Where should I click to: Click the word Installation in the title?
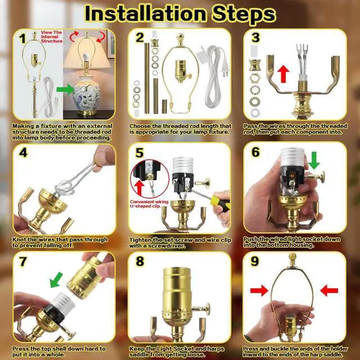145,13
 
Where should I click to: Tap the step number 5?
139,153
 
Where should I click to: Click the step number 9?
255,261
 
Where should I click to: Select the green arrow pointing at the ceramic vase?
66,89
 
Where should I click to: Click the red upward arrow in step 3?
283,74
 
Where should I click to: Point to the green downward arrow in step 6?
314,160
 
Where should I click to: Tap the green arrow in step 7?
56,280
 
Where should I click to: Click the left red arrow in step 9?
259,290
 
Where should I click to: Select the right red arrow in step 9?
329,290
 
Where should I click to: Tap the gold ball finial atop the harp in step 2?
181,38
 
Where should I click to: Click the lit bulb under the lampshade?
86,57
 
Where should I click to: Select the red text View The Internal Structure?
52,37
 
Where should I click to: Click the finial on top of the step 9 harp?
292,259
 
